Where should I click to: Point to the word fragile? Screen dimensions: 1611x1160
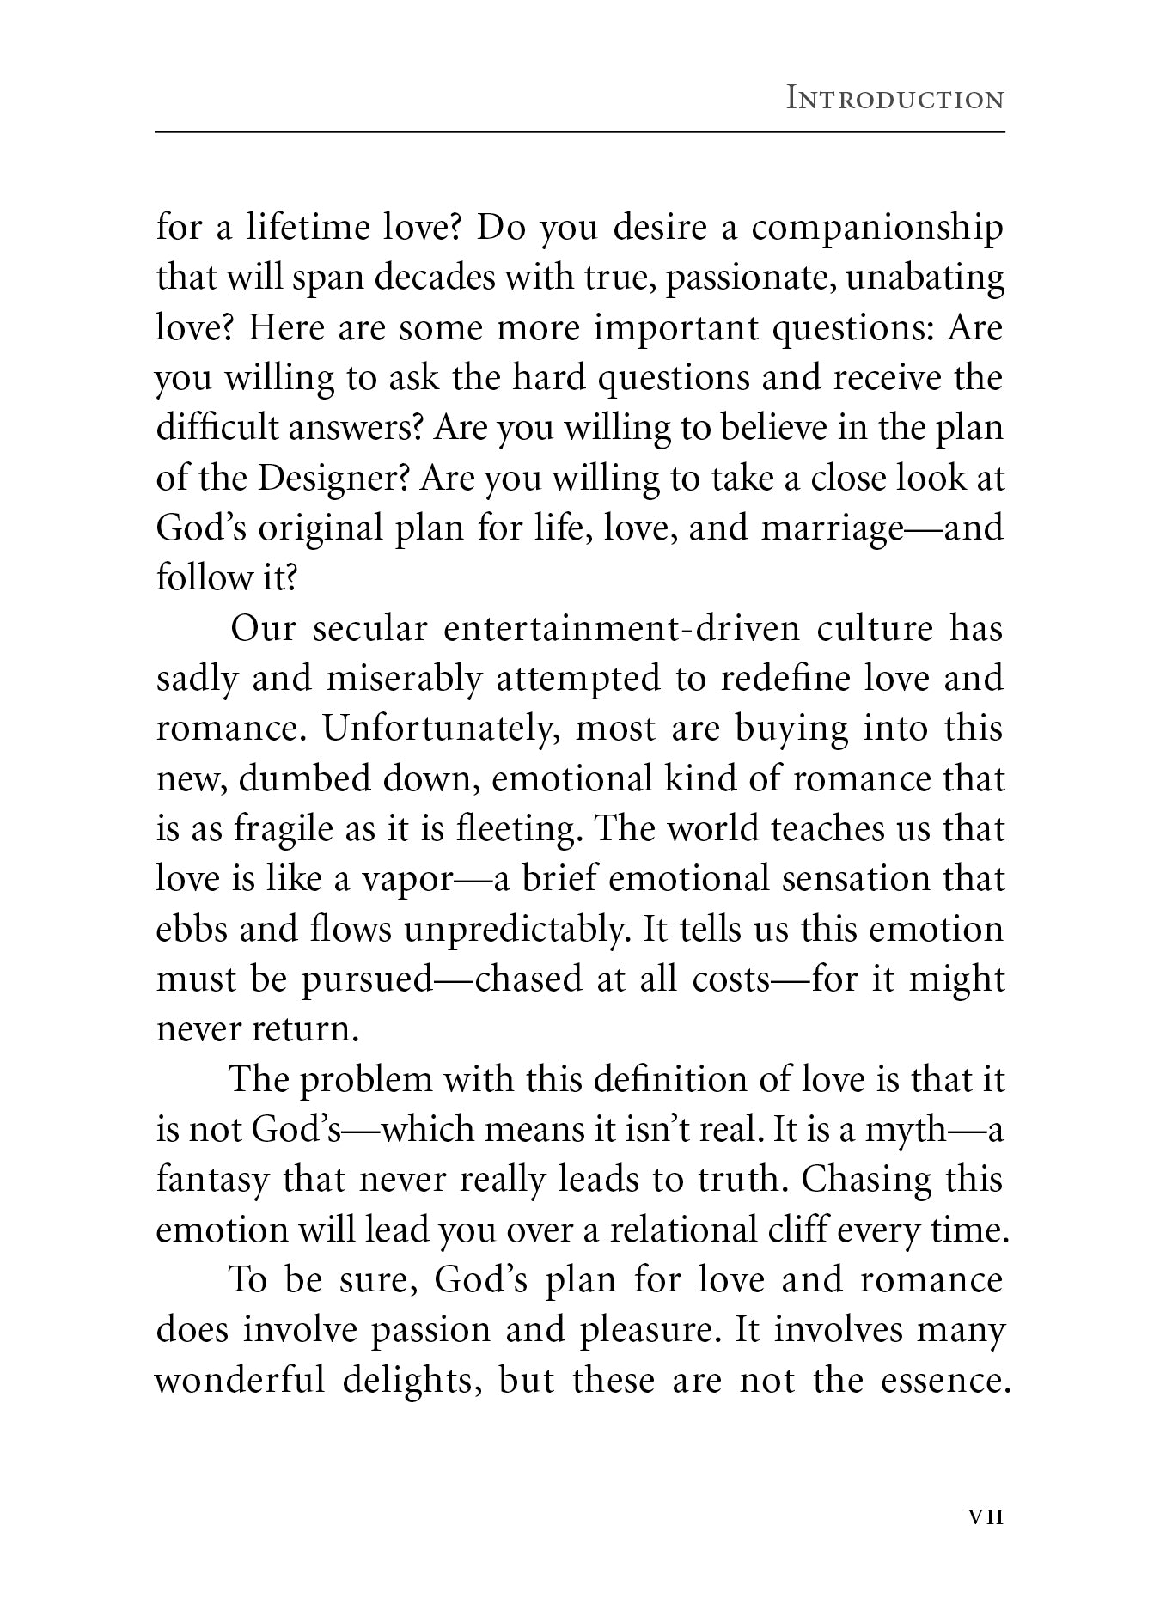point(276,829)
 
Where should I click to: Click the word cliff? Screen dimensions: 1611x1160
point(788,1230)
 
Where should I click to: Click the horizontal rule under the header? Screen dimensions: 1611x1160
point(580,132)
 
